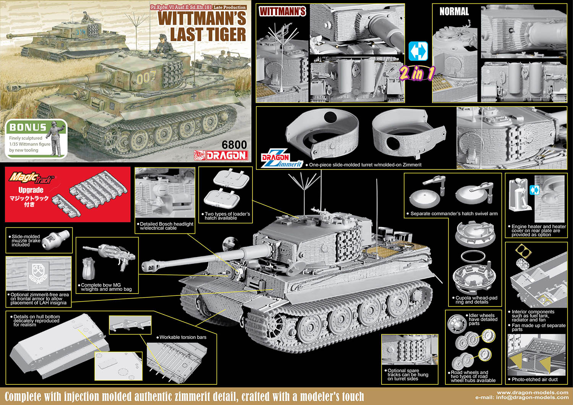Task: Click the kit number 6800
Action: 234,145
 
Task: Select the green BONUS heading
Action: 28,127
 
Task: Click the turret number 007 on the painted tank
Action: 146,77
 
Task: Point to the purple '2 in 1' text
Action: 418,73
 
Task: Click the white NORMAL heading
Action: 454,11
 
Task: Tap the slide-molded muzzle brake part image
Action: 55,239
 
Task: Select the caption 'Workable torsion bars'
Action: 183,337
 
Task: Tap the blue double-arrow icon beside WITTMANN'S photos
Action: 418,51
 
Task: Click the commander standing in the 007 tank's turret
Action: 162,44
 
